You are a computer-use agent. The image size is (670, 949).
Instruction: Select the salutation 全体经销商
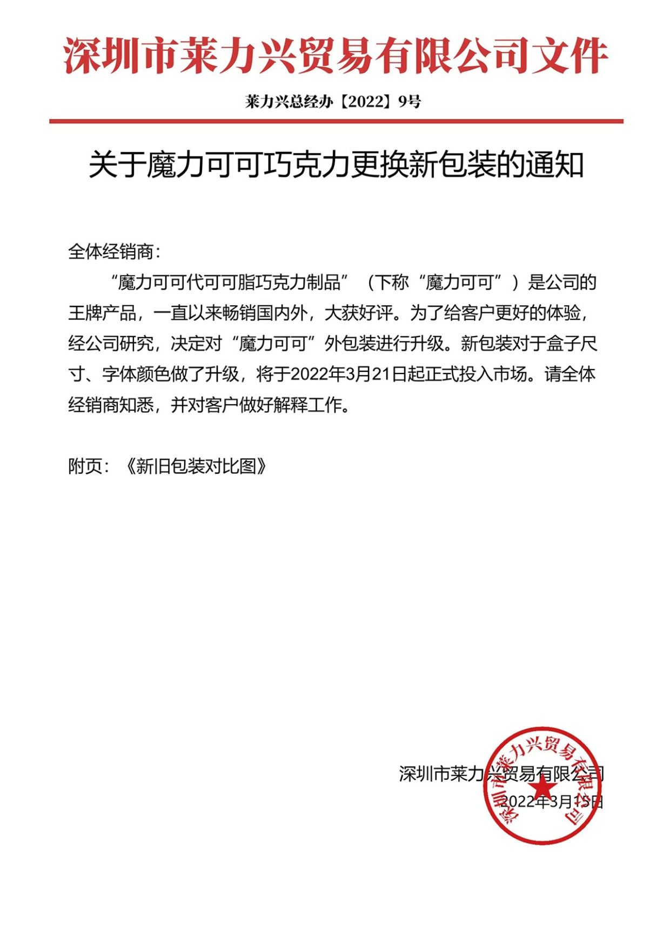111,251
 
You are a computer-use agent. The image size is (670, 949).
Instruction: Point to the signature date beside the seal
551,801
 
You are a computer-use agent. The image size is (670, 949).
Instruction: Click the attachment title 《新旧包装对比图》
196,466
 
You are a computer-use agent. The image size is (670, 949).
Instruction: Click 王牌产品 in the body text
102,313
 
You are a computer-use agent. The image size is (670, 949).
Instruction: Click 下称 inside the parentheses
392,282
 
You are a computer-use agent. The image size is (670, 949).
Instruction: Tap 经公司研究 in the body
111,344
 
